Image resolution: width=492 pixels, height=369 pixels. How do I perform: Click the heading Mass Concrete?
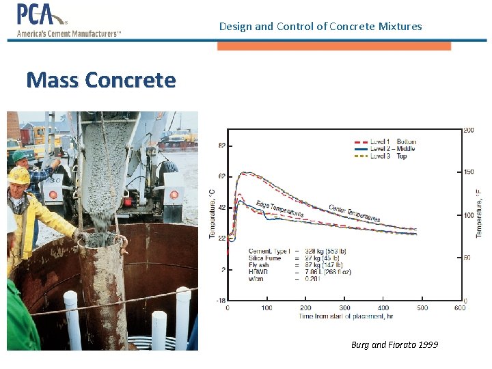pos(101,81)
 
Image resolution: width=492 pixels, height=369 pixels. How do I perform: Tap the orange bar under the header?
pos(334,46)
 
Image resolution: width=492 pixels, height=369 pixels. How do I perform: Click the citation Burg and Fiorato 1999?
pos(394,344)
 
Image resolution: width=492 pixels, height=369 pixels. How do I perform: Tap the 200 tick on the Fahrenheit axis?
pos(469,130)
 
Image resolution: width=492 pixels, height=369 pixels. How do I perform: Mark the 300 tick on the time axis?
pos(344,307)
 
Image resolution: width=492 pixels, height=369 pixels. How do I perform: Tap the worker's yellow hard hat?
pos(19,176)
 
